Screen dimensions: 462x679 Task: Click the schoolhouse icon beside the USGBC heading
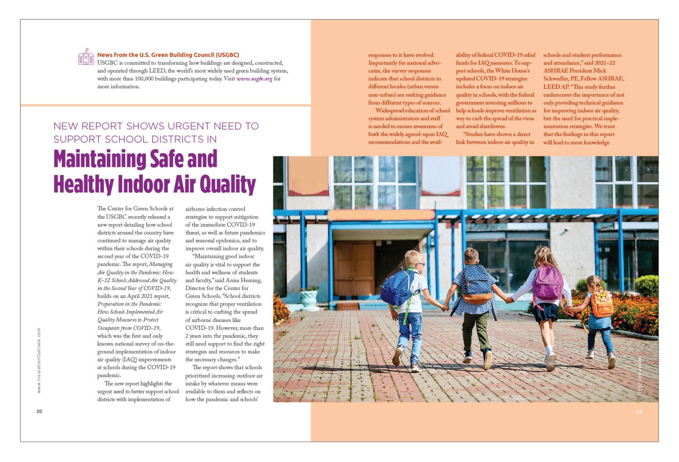pyautogui.click(x=86, y=57)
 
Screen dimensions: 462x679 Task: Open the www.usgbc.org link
pyautogui.click(x=254, y=79)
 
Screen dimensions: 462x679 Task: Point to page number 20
pyautogui.click(x=39, y=411)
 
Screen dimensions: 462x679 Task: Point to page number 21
pyautogui.click(x=639, y=411)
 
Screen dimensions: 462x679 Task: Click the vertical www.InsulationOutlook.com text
pyautogui.click(x=39, y=360)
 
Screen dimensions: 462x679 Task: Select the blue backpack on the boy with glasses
pyautogui.click(x=397, y=288)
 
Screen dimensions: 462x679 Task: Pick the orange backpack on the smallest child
pyautogui.click(x=602, y=303)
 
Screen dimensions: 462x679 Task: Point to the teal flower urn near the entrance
pyautogui.click(x=309, y=299)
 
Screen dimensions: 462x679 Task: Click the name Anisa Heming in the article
pyautogui.click(x=244, y=280)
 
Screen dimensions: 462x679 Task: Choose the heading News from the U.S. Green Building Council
pyautogui.click(x=168, y=55)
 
